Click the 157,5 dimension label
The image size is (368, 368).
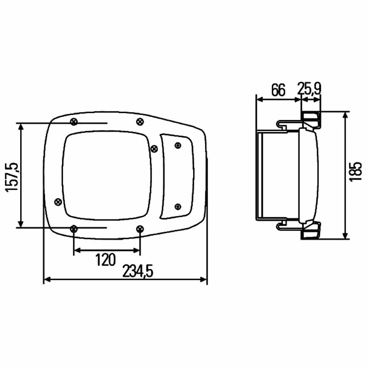(12, 177)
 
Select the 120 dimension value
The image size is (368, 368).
(106, 260)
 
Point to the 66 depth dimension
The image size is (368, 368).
(279, 90)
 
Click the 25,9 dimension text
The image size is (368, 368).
(309, 89)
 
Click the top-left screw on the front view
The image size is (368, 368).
(74, 122)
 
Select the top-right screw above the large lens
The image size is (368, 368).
(140, 121)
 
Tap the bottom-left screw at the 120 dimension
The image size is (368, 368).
(74, 228)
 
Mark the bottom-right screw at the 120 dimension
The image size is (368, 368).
(140, 229)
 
